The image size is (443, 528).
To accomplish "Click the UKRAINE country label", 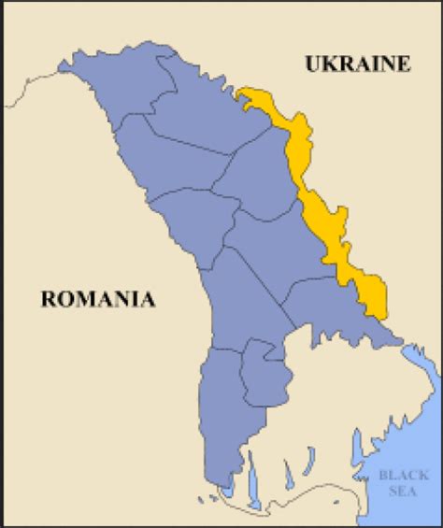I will click(x=357, y=64).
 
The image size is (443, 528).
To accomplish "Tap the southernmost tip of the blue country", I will click(x=221, y=487).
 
